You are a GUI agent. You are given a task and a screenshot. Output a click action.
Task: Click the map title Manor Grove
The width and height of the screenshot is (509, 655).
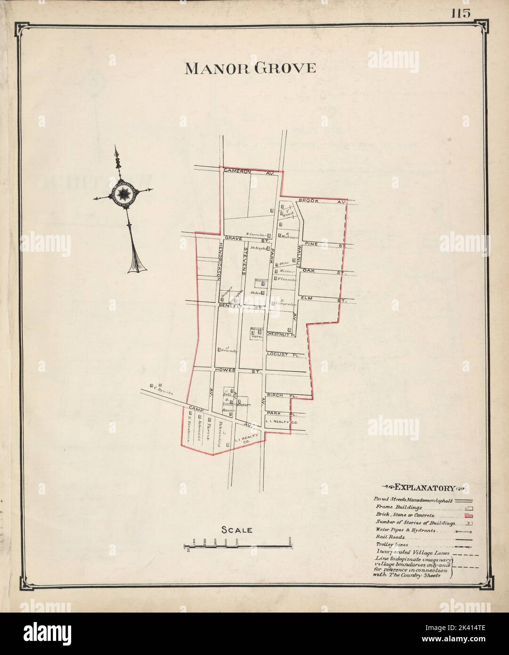(250, 68)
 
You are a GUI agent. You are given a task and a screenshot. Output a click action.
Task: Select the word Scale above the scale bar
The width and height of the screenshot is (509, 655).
(237, 530)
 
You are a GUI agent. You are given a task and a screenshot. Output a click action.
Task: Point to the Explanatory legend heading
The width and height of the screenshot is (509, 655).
(424, 488)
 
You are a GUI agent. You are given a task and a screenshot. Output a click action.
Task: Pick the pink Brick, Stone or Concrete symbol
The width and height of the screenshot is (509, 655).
(469, 516)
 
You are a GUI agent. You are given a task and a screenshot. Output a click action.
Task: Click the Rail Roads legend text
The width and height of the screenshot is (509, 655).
(388, 537)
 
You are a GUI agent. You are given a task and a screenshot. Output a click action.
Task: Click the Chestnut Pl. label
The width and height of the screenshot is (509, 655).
(280, 335)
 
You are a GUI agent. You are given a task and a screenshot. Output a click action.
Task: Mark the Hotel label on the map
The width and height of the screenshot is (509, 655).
(257, 336)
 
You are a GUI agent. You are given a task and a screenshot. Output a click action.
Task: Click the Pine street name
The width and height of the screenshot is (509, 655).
(313, 244)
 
